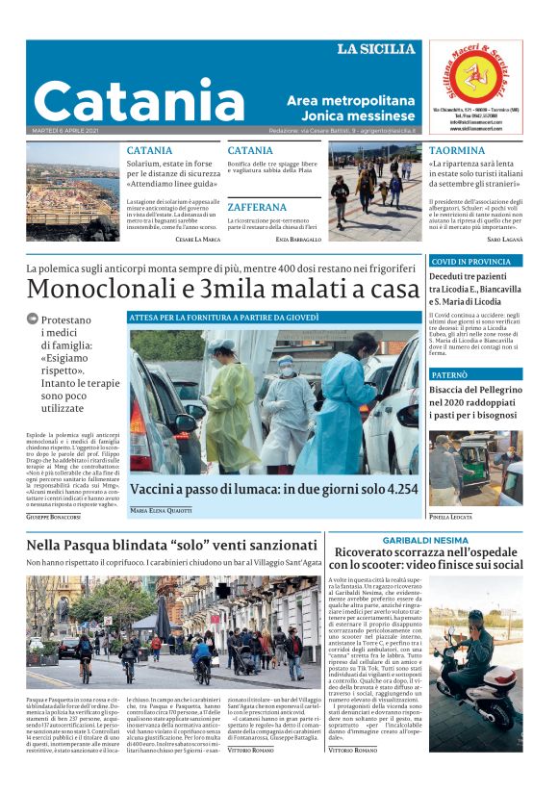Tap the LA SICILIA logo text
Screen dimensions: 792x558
376,49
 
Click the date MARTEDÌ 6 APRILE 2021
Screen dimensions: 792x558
66,130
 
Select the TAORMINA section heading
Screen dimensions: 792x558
456,151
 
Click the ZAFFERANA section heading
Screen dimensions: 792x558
257,207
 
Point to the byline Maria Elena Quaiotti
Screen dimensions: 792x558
168,510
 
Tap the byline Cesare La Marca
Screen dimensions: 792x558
197,238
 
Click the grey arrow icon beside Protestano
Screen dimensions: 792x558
33,319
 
